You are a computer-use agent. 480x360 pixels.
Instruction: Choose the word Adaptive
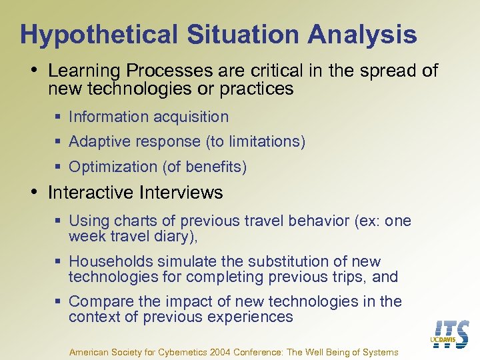pyautogui.click(x=98, y=141)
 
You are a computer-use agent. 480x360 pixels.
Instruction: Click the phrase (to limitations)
pyautogui.click(x=262, y=141)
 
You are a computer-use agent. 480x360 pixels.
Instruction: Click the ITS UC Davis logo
pyautogui.click(x=451, y=334)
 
